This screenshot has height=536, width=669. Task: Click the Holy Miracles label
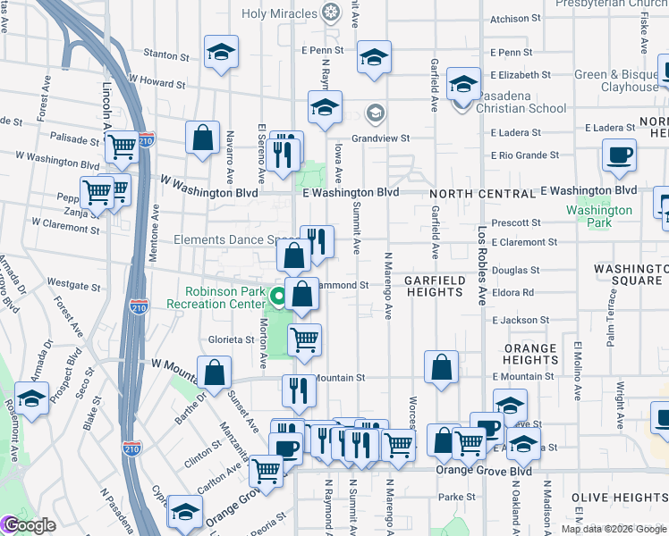point(281,13)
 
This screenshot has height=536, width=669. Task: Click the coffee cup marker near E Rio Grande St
point(619,155)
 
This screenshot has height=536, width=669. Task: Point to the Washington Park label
point(599,211)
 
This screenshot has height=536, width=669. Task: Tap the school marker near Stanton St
point(221,53)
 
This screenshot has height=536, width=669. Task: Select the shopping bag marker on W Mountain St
point(215,373)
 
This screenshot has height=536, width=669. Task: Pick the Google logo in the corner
point(29,525)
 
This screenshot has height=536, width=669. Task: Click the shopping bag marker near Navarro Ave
point(203,138)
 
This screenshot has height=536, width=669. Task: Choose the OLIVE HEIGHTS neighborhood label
point(633,497)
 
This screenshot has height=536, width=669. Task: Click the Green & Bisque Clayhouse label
point(617,81)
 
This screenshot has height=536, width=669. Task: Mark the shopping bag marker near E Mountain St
point(442,366)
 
